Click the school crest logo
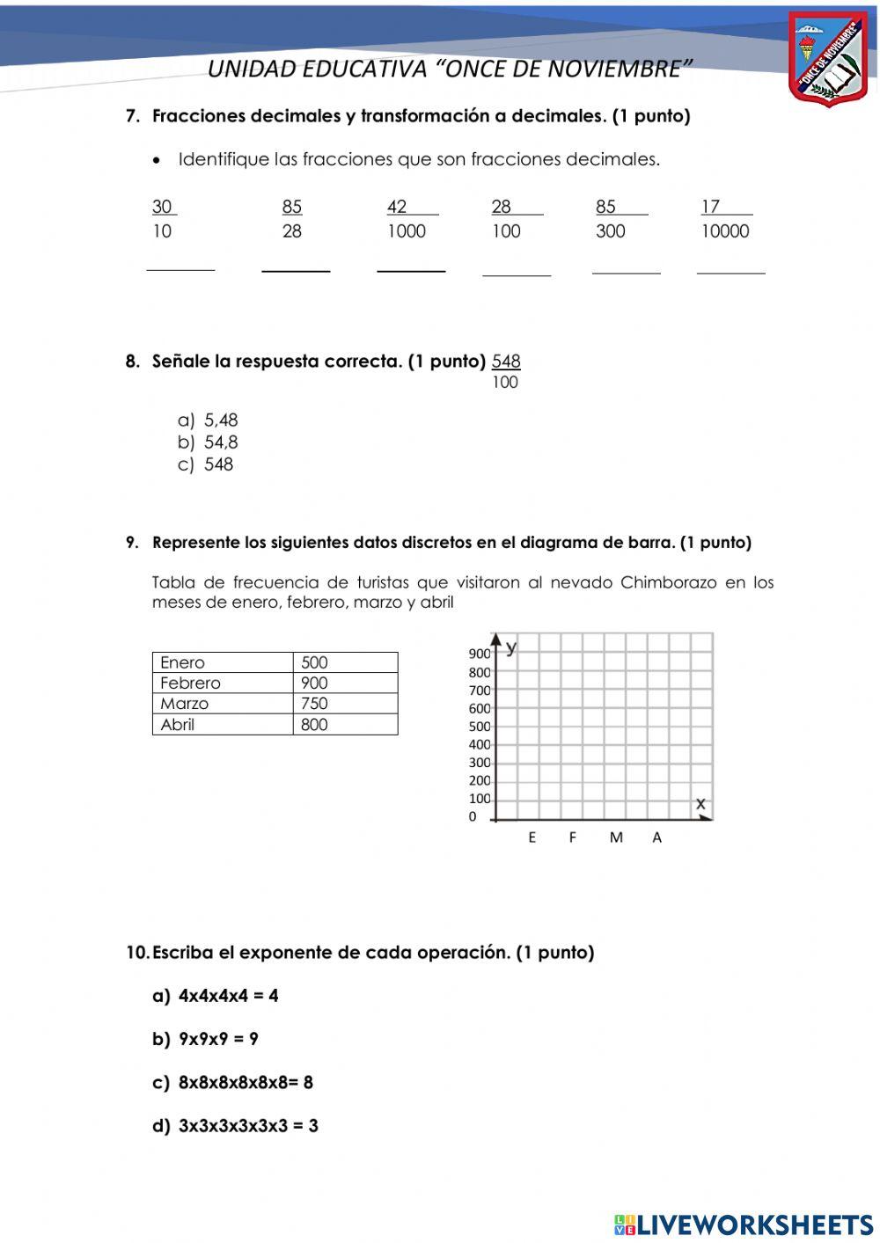[x=828, y=59]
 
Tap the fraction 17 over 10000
[x=725, y=219]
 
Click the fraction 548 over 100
[x=506, y=370]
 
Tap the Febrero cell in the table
[x=191, y=684]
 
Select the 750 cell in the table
[x=314, y=704]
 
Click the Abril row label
[x=178, y=725]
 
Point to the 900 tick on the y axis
[x=480, y=654]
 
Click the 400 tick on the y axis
[x=480, y=745]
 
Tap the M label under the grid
[x=616, y=838]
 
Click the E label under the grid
[x=532, y=838]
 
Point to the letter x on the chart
[x=700, y=803]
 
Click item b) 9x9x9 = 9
[x=206, y=1039]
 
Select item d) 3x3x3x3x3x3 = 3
[x=236, y=1126]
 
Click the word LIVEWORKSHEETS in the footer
[x=755, y=1225]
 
